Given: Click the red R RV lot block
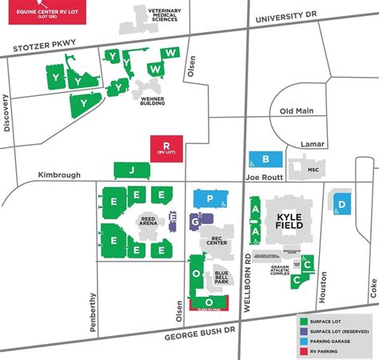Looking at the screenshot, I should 166,149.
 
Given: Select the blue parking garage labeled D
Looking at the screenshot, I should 341,204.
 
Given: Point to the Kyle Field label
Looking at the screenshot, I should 292,222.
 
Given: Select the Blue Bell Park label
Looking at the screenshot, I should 221,278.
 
